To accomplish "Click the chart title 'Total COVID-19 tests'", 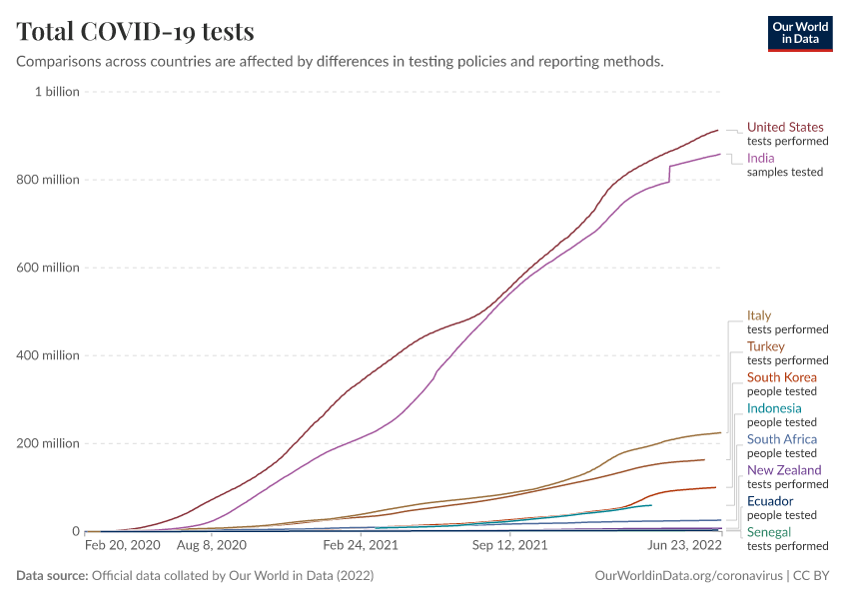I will tap(135, 31).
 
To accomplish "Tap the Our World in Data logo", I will tap(799, 33).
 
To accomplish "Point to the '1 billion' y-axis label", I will tap(57, 92).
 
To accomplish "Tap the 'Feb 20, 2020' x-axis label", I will tap(122, 546).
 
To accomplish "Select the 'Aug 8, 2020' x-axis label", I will tap(211, 546).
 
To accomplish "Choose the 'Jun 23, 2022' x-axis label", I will tap(685, 546).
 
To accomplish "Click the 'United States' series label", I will tap(785, 127).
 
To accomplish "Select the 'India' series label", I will tap(760, 158).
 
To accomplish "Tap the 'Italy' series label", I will tap(759, 315).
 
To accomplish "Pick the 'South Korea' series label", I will tap(781, 377).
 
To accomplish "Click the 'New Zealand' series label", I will tap(784, 470).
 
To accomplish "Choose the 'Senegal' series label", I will tap(769, 532).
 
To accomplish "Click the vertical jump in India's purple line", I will tap(669, 174).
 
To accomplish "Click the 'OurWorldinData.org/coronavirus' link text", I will tap(688, 576).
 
